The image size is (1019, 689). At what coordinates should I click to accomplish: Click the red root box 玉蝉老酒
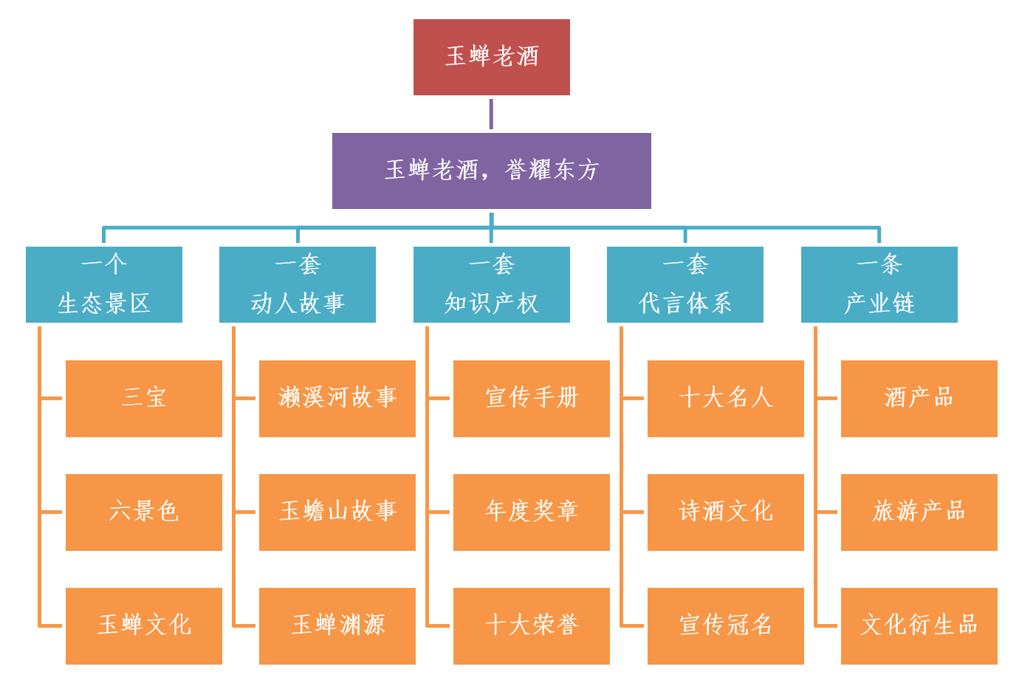(x=491, y=57)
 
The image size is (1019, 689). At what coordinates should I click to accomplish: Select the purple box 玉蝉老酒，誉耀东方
(x=491, y=171)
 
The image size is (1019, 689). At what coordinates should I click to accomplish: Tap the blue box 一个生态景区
(x=104, y=284)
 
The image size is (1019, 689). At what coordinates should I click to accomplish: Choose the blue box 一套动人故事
(x=298, y=284)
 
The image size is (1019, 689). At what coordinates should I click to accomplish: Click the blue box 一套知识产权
(x=491, y=284)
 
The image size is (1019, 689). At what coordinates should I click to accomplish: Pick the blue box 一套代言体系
(x=685, y=284)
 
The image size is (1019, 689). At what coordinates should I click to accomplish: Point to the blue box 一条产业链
(x=879, y=284)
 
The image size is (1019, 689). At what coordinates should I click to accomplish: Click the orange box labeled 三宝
(x=144, y=398)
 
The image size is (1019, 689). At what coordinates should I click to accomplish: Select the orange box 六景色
(x=144, y=512)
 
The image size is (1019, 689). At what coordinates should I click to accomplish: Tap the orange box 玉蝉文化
(x=144, y=625)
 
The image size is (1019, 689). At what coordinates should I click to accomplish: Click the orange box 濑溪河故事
(x=337, y=398)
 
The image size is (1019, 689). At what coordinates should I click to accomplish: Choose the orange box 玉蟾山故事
(x=337, y=512)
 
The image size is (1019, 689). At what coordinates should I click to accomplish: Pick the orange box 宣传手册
(x=531, y=398)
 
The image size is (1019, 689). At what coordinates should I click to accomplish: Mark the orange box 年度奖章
(x=531, y=512)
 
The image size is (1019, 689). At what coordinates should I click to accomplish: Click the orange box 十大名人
(x=725, y=398)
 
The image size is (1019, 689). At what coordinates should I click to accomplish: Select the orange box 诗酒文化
(x=725, y=512)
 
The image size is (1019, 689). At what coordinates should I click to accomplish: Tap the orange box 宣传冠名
(x=725, y=625)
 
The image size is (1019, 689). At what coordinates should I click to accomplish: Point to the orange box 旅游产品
(x=919, y=512)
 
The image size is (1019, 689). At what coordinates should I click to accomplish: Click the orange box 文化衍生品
(x=919, y=625)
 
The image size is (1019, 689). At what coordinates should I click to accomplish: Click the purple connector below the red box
(x=491, y=114)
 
